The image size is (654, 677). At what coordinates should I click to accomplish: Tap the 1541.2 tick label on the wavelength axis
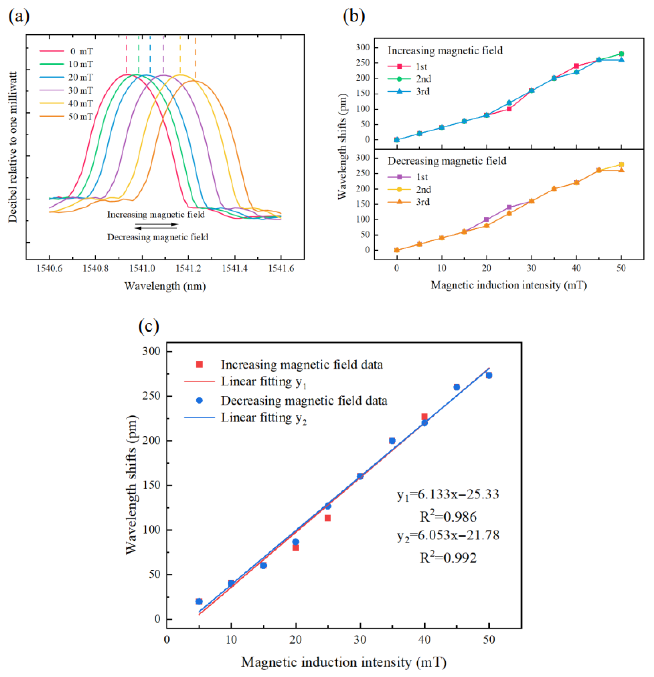188,268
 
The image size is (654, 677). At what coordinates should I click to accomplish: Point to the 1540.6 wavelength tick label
49,268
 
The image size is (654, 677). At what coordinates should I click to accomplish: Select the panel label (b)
353,16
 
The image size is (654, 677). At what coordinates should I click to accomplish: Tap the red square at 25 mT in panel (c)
327,518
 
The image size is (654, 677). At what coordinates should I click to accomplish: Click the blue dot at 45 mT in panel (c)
456,387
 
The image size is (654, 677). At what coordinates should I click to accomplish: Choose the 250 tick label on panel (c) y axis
151,396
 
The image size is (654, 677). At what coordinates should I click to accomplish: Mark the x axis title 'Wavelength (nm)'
165,286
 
